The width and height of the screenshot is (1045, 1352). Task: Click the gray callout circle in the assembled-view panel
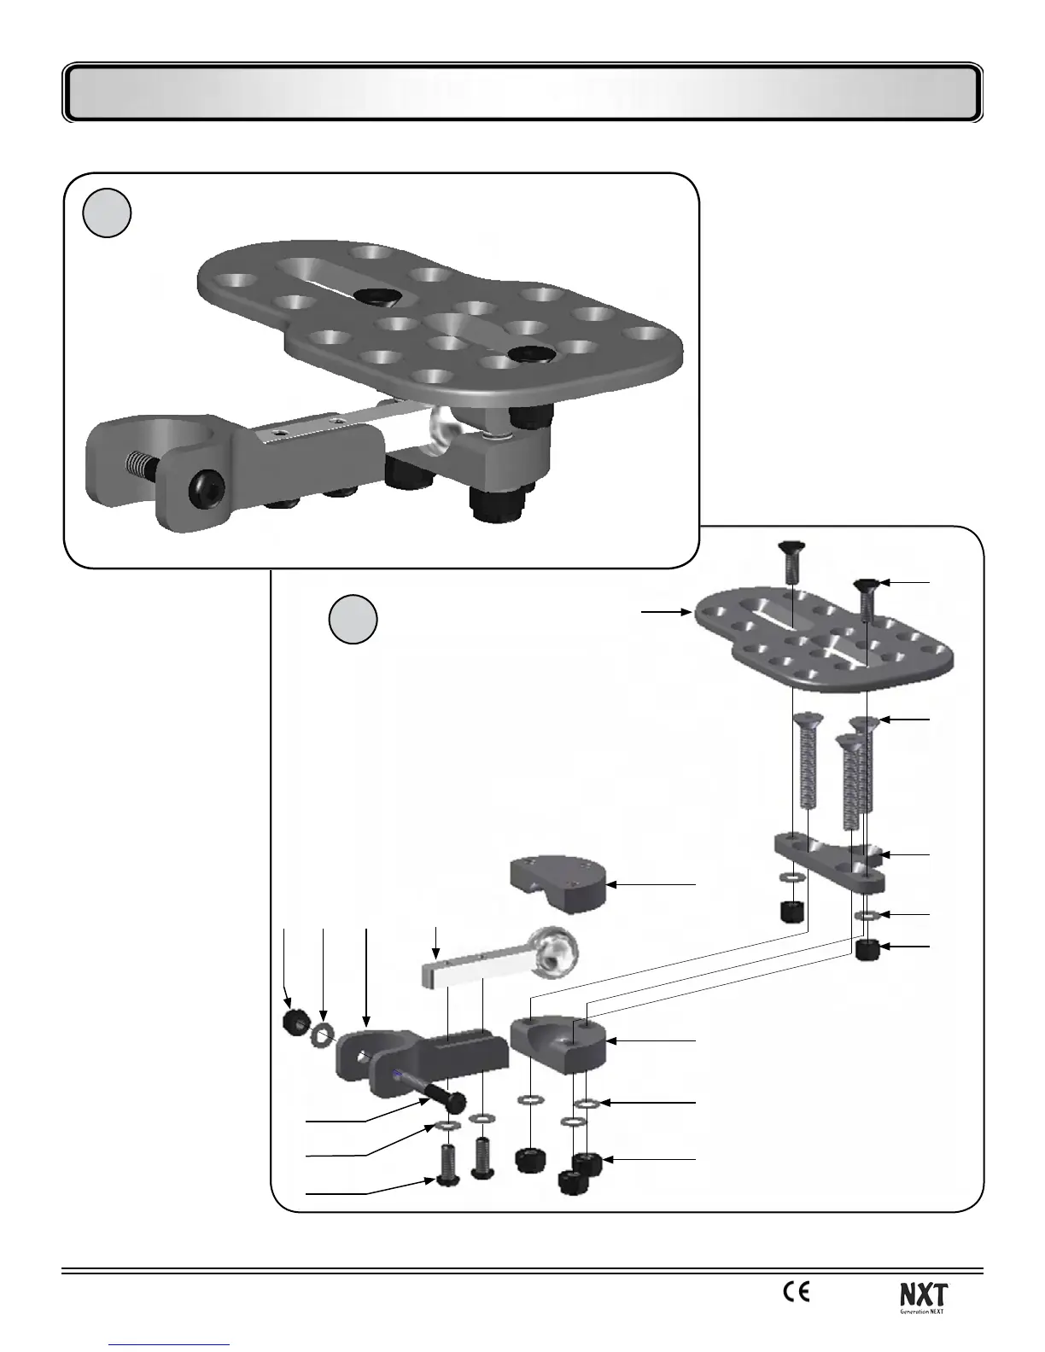pyautogui.click(x=107, y=213)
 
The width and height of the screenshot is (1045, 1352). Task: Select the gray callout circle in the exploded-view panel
pyautogui.click(x=353, y=620)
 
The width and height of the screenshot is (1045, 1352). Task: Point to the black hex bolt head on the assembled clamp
pyautogui.click(x=208, y=488)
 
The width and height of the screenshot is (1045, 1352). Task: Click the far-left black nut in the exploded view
pyautogui.click(x=295, y=1020)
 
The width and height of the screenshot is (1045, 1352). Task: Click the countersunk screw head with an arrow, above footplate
pyautogui.click(x=867, y=585)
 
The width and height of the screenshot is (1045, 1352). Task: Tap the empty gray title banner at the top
pyautogui.click(x=522, y=92)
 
